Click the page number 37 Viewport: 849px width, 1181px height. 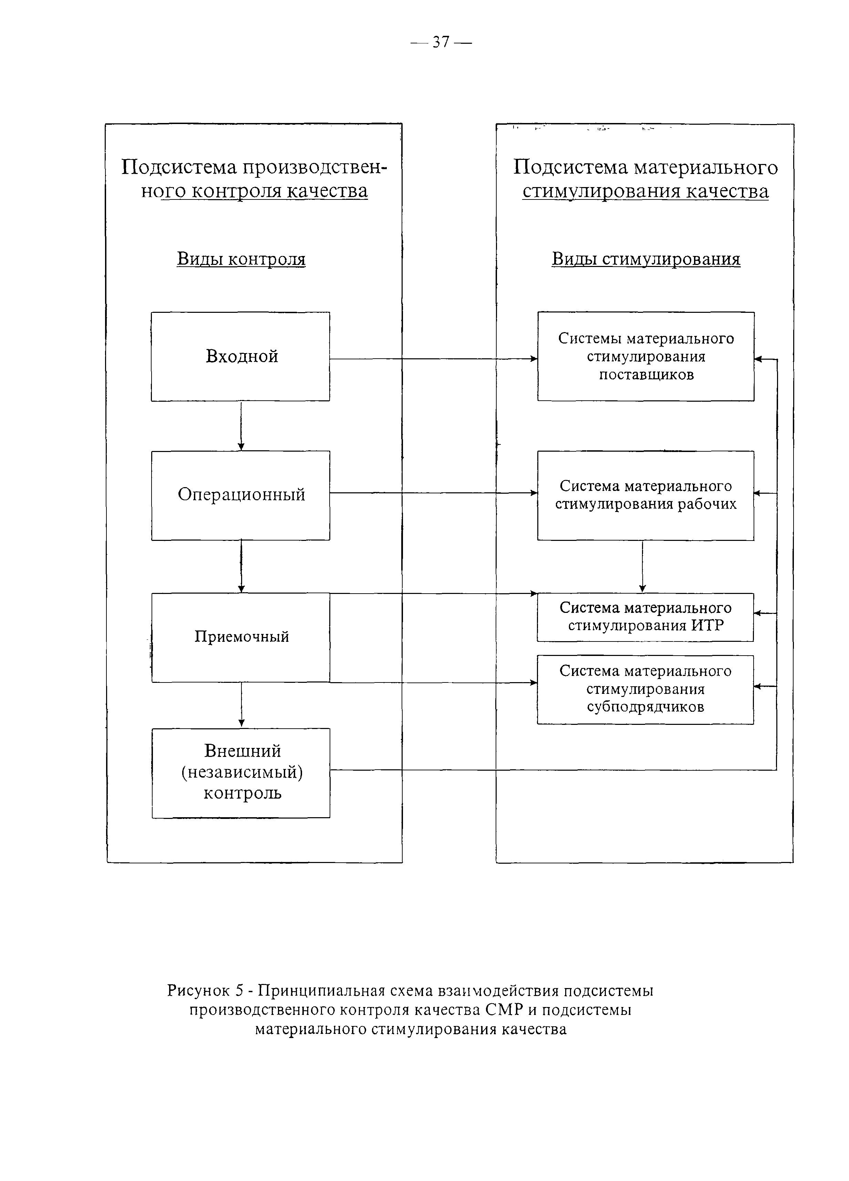pyautogui.click(x=441, y=42)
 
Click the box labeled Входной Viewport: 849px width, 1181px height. pyautogui.click(x=240, y=357)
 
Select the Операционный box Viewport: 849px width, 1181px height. pyautogui.click(x=240, y=495)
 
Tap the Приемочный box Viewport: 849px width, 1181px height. pyautogui.click(x=240, y=637)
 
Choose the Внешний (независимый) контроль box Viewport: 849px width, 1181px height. pyautogui.click(x=240, y=773)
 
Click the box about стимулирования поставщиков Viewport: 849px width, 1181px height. pyautogui.click(x=645, y=357)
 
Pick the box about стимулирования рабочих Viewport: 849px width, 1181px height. pyautogui.click(x=645, y=495)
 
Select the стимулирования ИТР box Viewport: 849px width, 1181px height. pyautogui.click(x=645, y=617)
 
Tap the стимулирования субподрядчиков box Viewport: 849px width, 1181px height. pyautogui.click(x=645, y=689)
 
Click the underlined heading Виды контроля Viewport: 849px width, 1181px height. pyautogui.click(x=241, y=259)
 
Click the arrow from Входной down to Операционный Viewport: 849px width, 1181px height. pyautogui.click(x=241, y=426)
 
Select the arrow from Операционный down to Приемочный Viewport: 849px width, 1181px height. pyautogui.click(x=241, y=566)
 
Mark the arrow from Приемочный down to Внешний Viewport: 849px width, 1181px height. pyautogui.click(x=241, y=705)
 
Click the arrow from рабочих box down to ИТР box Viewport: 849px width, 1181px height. pyautogui.click(x=642, y=566)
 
